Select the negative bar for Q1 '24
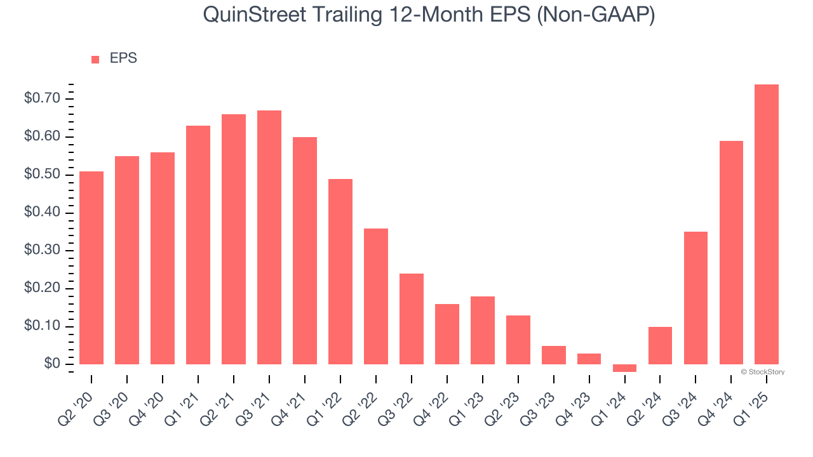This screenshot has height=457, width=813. (x=624, y=368)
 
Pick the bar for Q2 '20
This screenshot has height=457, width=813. (x=91, y=267)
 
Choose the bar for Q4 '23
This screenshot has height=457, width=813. (x=589, y=359)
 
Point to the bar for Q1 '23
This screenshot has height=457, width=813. (x=483, y=330)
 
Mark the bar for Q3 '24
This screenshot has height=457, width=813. (x=695, y=298)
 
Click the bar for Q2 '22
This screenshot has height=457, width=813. (x=376, y=296)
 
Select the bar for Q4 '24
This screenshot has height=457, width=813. (x=731, y=252)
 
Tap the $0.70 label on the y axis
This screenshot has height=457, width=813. (x=42, y=98)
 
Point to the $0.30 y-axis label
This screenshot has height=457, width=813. (x=42, y=250)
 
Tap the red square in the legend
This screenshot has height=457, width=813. (x=95, y=59)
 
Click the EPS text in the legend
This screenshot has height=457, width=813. (x=123, y=58)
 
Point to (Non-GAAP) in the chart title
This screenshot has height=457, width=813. (x=596, y=15)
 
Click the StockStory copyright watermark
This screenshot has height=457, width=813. (x=763, y=372)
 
